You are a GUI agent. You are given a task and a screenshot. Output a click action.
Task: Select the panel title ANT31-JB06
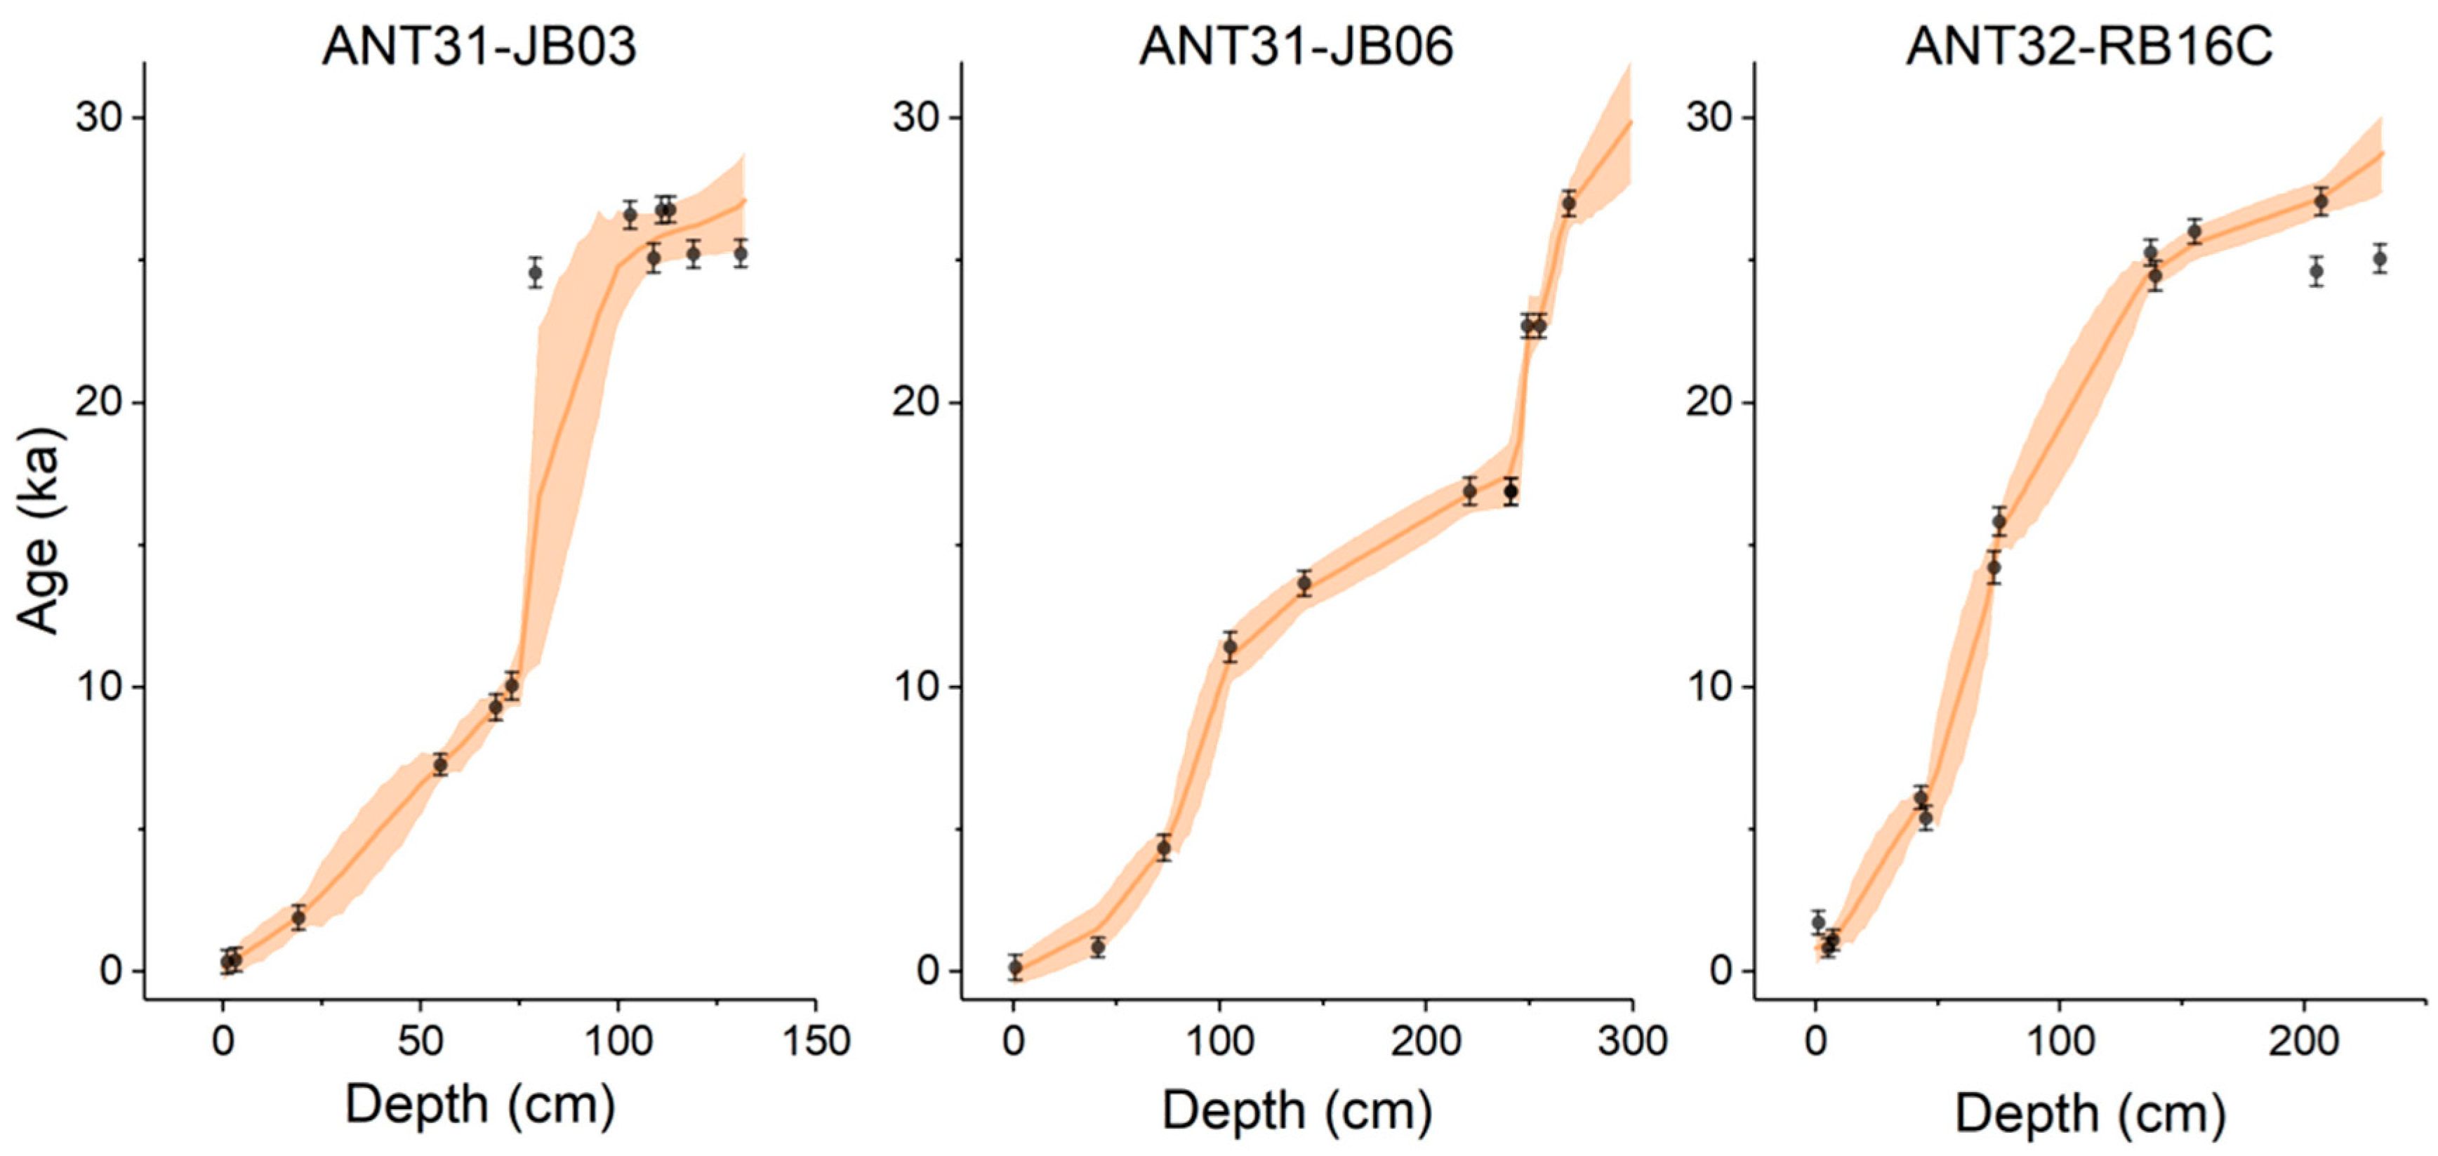tap(1296, 46)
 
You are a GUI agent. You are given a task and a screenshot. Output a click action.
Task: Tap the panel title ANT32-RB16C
tap(2089, 46)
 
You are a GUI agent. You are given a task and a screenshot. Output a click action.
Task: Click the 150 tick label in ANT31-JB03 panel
tap(815, 1042)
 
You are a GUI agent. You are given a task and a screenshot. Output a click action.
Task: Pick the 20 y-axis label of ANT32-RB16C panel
tap(1713, 403)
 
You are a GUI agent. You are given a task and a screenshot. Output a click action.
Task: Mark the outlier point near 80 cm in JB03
tap(536, 274)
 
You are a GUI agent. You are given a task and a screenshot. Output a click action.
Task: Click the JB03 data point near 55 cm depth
tap(440, 765)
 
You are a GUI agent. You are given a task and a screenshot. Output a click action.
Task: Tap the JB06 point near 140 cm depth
tap(1304, 584)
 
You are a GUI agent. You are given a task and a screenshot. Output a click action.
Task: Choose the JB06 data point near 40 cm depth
tap(1098, 947)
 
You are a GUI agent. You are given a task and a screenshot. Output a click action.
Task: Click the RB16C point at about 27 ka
tap(2321, 201)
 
